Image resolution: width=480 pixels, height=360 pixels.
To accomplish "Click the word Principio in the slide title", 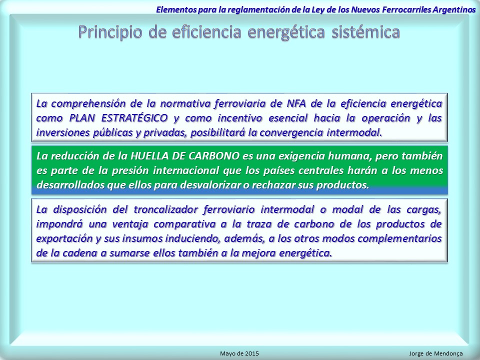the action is click(110, 32).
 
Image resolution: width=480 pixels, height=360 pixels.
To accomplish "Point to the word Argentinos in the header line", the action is click(454, 9).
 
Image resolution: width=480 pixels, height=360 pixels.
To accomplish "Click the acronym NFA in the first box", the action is click(296, 103).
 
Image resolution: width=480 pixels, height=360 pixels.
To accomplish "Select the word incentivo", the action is click(240, 118).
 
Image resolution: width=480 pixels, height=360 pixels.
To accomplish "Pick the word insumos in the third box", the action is click(140, 239).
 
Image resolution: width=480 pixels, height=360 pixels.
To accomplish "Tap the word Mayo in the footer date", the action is click(227, 354).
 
